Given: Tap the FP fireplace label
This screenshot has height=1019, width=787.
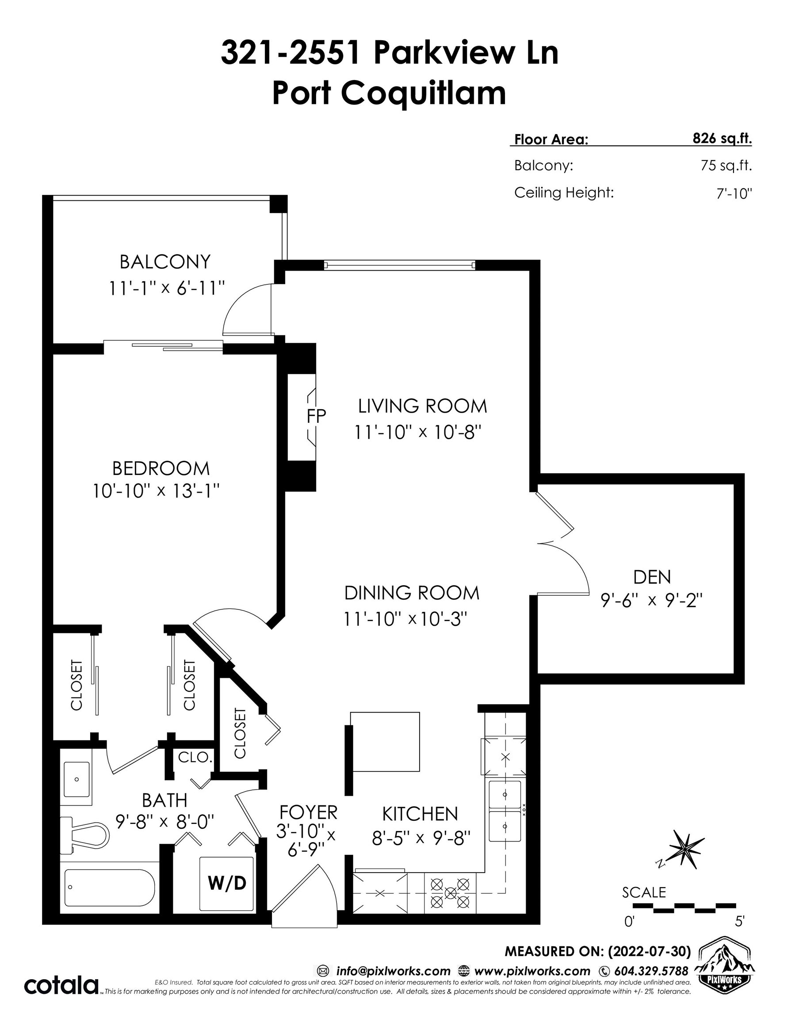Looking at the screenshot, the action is pos(316,416).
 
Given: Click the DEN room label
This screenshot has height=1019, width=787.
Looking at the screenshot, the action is pos(652,577).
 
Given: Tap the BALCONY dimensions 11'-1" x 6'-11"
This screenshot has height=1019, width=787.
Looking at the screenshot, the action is pos(167,288).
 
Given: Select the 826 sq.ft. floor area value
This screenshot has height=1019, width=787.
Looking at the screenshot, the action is pos(722,138).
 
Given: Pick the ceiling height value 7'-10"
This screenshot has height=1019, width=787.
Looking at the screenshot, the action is pos(734,194).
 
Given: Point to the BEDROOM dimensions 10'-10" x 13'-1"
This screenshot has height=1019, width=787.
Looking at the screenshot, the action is pos(156,491).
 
